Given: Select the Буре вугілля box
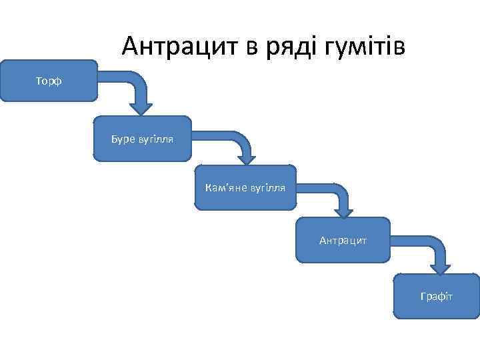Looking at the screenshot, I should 142,139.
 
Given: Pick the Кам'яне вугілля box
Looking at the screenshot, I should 245,187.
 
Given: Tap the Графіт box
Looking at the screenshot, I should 437,295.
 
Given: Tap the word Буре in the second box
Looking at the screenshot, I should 123,139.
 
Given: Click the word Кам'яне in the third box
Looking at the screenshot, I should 225,187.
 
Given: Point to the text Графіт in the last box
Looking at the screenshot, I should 437,295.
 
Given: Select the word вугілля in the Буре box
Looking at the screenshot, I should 156,139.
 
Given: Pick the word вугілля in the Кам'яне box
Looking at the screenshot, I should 267,187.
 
